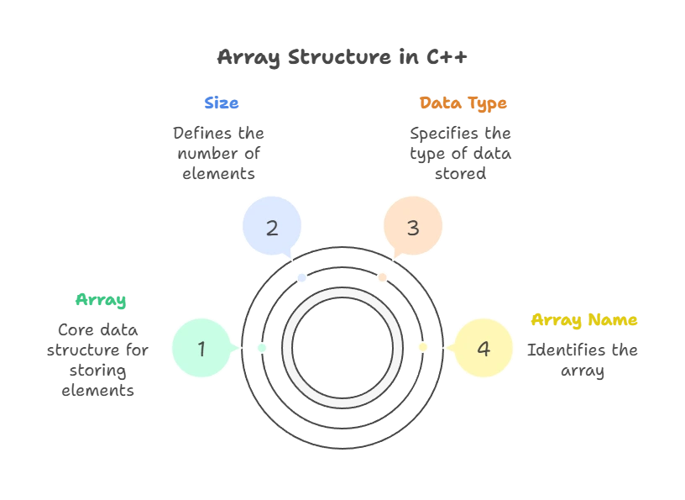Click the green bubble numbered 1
(201, 348)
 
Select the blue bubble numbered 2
(271, 227)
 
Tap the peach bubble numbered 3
(412, 227)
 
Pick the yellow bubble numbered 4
(483, 348)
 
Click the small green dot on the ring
(262, 347)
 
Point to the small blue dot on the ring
(301, 276)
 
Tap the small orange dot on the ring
(382, 276)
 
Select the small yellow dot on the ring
(422, 347)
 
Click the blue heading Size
(222, 103)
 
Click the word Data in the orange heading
(437, 103)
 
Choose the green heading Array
(100, 300)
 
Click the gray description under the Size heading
(217, 154)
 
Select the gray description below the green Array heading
(99, 359)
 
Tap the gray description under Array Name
(581, 359)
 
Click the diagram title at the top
(342, 58)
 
